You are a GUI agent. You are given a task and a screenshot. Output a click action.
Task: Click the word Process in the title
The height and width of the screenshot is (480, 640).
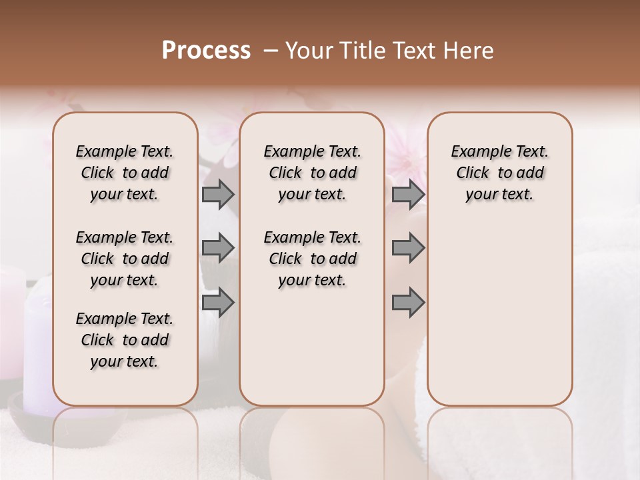pyautogui.click(x=206, y=51)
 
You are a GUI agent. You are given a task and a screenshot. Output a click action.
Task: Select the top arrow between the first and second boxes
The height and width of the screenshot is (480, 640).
pyautogui.click(x=218, y=195)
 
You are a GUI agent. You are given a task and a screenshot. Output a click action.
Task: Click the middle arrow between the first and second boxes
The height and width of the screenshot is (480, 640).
pyautogui.click(x=218, y=248)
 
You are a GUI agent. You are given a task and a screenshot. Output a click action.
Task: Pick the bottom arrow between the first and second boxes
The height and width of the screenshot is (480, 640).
pyautogui.click(x=218, y=303)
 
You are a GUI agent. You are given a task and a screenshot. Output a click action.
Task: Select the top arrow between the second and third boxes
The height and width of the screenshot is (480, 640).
pyautogui.click(x=408, y=195)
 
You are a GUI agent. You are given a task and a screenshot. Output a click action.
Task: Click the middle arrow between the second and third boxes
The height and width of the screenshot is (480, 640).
pyautogui.click(x=408, y=248)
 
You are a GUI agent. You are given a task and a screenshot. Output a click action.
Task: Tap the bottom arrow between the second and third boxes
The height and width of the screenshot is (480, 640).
pyautogui.click(x=408, y=303)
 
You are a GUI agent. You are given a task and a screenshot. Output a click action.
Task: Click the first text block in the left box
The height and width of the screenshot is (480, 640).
pyautogui.click(x=125, y=173)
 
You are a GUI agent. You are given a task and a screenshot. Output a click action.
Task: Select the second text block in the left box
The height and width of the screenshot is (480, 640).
pyautogui.click(x=125, y=259)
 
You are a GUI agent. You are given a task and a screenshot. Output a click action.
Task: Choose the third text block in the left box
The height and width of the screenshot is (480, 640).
pyautogui.click(x=125, y=340)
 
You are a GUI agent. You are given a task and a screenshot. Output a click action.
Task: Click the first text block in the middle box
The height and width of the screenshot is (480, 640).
pyautogui.click(x=312, y=173)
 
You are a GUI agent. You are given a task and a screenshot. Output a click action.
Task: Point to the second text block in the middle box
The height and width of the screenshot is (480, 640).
pyautogui.click(x=312, y=259)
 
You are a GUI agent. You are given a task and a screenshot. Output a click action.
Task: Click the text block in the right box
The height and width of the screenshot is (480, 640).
pyautogui.click(x=499, y=173)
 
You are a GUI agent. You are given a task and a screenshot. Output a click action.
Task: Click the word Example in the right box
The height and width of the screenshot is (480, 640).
pyautogui.click(x=477, y=151)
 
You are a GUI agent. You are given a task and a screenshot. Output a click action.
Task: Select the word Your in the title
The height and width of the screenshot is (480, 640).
pyautogui.click(x=305, y=51)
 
